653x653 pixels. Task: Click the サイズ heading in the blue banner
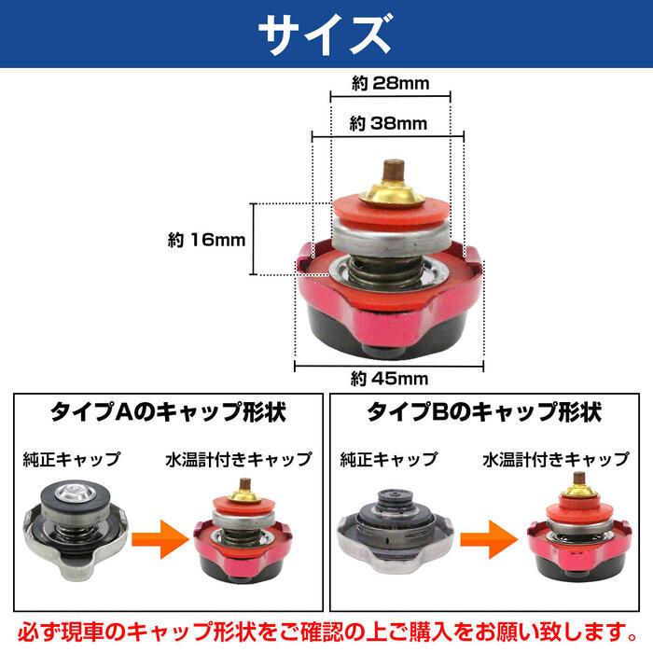coord(326,35)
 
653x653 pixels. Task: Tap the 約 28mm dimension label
coord(391,84)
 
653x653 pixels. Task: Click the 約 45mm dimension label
coord(389,378)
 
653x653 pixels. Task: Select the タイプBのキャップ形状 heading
coord(483,411)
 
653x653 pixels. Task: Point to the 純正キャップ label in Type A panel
coord(73,459)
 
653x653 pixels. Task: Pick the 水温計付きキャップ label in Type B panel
coord(556,459)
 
